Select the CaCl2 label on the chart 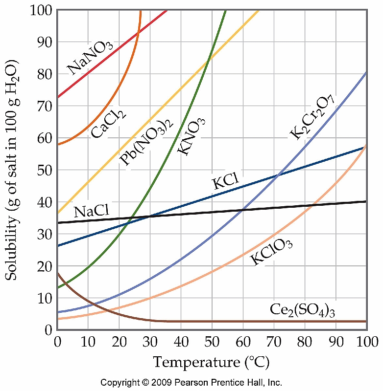pos(109,124)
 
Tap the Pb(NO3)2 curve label pos(146,144)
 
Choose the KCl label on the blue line pos(225,183)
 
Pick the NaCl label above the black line pos(91,211)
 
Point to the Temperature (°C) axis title pos(211,363)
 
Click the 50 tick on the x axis pos(212,341)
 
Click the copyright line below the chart pos(191,382)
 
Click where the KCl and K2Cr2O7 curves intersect pos(279,175)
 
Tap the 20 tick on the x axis pos(119,341)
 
